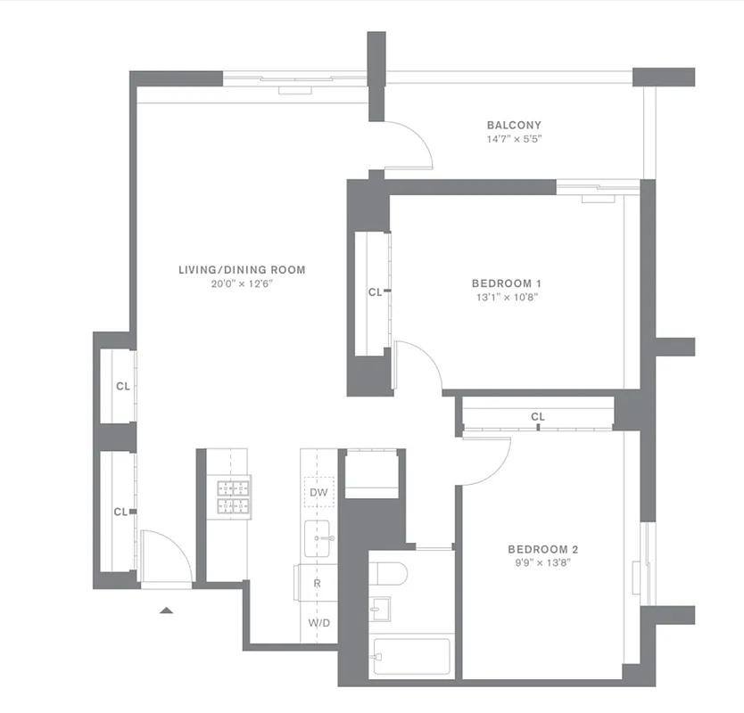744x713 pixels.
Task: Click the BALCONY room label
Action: pos(513,126)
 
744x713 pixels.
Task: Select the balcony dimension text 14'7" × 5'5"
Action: pos(513,140)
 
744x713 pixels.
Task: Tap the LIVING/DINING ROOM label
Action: pos(242,270)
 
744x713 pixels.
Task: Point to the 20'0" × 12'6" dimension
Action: pos(242,284)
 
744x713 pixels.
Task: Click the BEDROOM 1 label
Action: pos(506,283)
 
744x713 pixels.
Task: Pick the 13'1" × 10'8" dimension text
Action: pos(506,298)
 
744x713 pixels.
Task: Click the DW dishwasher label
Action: pos(318,492)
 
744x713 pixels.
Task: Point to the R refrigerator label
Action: pos(317,584)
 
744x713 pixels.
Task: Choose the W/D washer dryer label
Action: pos(318,622)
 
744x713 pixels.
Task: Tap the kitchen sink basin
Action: pos(318,538)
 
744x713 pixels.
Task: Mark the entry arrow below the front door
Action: pos(166,611)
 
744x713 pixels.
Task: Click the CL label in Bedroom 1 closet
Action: pos(375,292)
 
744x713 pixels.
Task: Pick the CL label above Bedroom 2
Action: pos(538,416)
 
